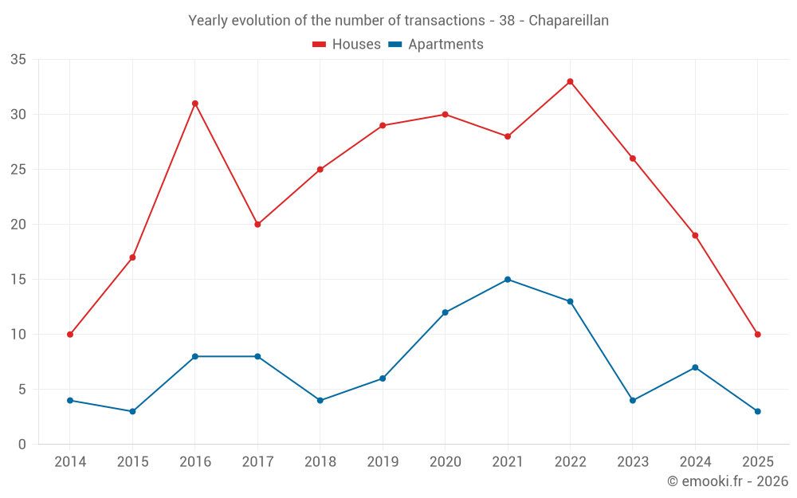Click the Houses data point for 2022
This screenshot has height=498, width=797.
click(x=570, y=81)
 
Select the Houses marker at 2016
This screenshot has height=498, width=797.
click(x=194, y=104)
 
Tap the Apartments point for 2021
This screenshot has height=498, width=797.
click(x=508, y=280)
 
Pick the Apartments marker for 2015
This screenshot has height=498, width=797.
click(x=132, y=411)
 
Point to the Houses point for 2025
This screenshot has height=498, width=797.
click(x=757, y=335)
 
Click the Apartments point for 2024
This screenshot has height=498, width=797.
click(x=695, y=367)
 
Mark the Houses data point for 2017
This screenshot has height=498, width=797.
click(x=257, y=225)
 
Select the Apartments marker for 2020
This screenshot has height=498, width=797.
click(x=445, y=312)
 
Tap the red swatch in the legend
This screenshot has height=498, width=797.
click(x=320, y=45)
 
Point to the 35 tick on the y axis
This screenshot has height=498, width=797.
click(x=18, y=60)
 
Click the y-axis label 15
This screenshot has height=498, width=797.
click(x=18, y=280)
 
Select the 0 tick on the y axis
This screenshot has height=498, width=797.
click(x=22, y=445)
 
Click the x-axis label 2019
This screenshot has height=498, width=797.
click(x=383, y=462)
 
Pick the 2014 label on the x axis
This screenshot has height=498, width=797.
click(x=70, y=462)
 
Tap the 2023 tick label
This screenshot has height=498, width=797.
click(x=633, y=462)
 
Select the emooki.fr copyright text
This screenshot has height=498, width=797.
click(x=727, y=481)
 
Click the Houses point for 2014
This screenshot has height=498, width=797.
click(x=70, y=335)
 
